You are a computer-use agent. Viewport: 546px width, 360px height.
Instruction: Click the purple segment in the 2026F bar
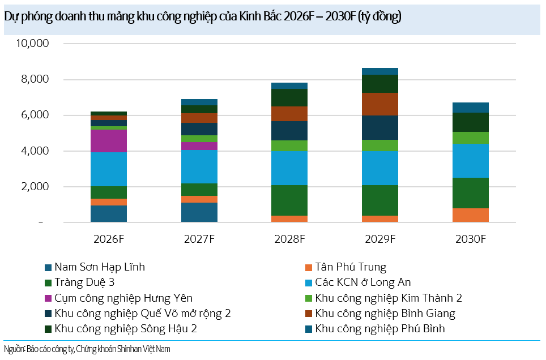pos(108,141)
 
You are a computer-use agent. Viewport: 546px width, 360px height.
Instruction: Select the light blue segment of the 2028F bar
pos(289,168)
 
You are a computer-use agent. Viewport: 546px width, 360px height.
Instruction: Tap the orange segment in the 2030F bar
pos(471,215)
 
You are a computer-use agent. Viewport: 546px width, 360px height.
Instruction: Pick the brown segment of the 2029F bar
pos(380,104)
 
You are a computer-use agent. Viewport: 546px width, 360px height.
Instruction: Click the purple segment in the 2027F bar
pos(199,146)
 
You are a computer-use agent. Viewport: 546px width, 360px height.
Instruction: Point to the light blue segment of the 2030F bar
pos(471,160)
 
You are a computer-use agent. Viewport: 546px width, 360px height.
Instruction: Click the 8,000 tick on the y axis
pos(35,79)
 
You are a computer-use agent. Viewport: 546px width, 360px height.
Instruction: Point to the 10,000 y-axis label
pos(32,44)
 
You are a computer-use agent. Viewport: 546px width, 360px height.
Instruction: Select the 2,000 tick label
pos(35,187)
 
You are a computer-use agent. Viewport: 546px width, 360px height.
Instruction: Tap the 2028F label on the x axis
pos(289,239)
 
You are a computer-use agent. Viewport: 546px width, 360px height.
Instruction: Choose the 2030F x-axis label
pos(471,239)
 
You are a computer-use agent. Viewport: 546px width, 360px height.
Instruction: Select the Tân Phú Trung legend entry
pos(351,267)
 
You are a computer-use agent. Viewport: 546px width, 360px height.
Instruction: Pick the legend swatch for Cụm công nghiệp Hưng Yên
pos(48,298)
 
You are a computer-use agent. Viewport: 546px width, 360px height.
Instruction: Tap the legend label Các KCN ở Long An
pos(363,282)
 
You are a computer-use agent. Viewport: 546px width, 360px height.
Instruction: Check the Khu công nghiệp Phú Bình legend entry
pos(380,328)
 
